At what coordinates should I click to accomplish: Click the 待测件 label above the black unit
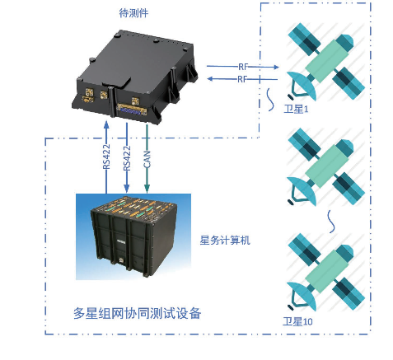point(133,13)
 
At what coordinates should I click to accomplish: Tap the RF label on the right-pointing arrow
point(243,67)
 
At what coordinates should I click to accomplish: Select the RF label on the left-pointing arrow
point(242,79)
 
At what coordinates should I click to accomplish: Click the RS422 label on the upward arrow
point(106,157)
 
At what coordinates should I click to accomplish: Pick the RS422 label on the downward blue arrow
point(127,158)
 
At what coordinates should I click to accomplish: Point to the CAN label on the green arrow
point(147,159)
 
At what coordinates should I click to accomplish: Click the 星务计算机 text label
point(225,241)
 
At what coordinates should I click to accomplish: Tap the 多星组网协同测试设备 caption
point(138,313)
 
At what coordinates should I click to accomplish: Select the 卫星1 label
point(296,109)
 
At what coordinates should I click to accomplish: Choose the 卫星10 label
point(297,321)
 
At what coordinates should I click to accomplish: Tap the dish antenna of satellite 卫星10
point(302,296)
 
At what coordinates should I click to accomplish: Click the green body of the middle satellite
point(327,166)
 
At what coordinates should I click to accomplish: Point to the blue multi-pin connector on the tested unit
point(131,110)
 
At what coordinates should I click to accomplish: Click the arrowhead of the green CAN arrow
point(147,189)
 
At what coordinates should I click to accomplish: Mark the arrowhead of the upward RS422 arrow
point(106,125)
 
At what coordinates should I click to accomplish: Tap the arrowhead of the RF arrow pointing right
point(275,67)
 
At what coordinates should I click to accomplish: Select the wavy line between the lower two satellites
point(332,222)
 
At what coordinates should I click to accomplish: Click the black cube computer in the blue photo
point(133,234)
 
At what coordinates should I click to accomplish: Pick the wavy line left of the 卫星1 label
point(270,100)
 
